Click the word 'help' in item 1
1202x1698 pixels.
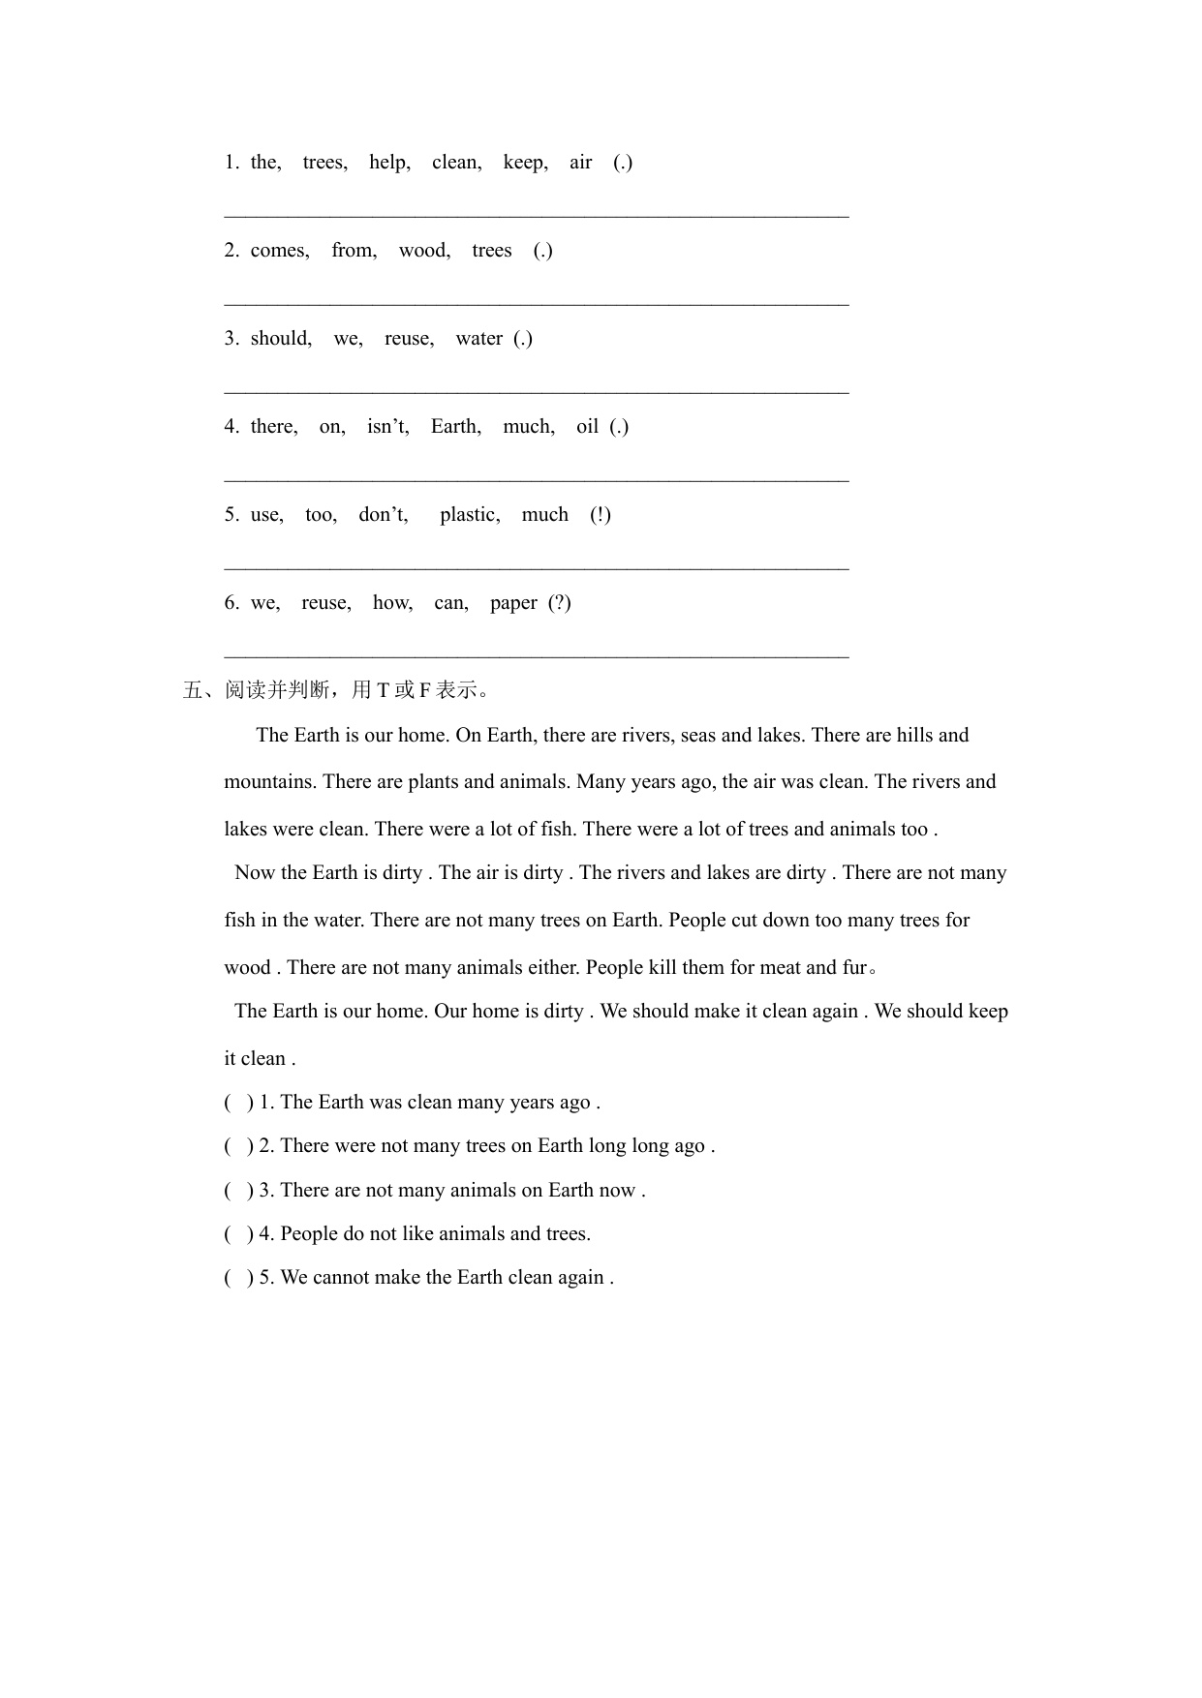click(x=388, y=163)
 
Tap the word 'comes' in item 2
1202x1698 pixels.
click(x=279, y=251)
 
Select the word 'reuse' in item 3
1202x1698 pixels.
click(x=408, y=339)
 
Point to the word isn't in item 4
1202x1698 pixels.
click(x=387, y=427)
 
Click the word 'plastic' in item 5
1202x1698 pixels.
click(x=469, y=515)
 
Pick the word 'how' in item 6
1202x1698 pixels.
click(x=391, y=603)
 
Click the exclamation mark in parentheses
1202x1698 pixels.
click(x=601, y=515)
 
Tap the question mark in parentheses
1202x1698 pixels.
click(x=560, y=603)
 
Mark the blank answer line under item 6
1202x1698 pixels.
click(x=537, y=656)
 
